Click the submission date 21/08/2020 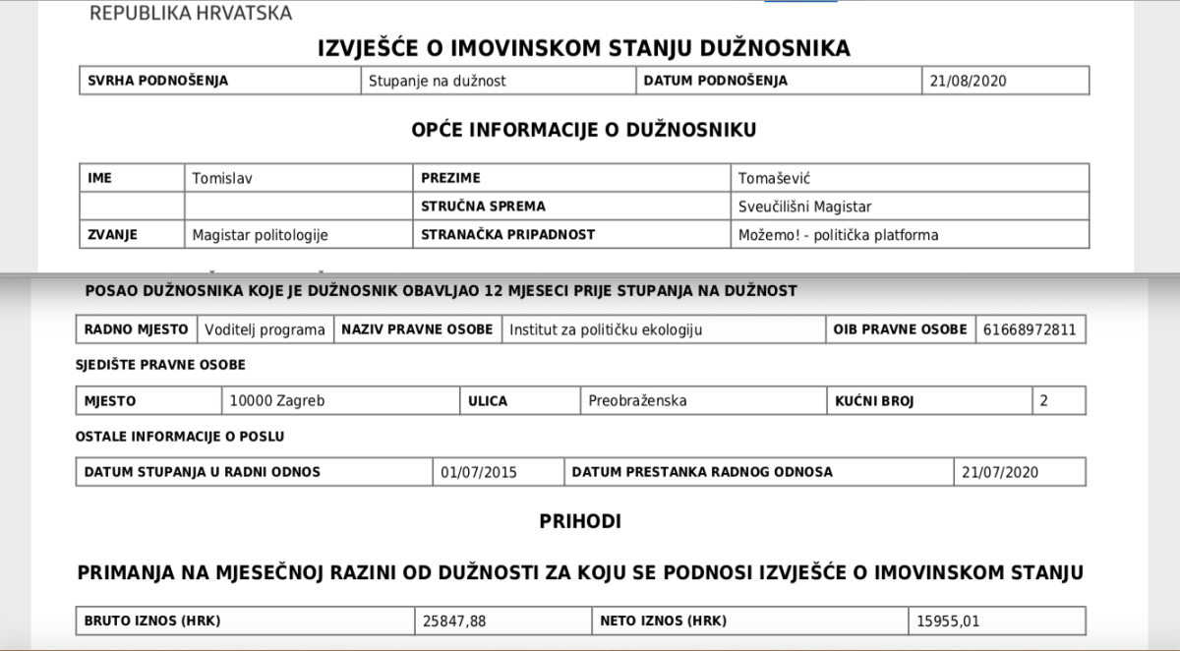click(970, 81)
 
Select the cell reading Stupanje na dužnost click(437, 81)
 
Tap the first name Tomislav click(229, 178)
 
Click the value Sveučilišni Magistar click(805, 207)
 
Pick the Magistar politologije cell click(260, 234)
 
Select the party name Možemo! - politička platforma click(838, 234)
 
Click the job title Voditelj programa click(265, 329)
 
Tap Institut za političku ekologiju click(606, 329)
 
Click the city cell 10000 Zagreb click(276, 401)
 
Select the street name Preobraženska click(637, 401)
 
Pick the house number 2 click(1044, 401)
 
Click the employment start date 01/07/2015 click(479, 472)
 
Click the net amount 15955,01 click(948, 621)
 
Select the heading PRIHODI click(580, 521)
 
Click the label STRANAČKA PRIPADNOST click(507, 234)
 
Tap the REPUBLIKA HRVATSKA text click(191, 13)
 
